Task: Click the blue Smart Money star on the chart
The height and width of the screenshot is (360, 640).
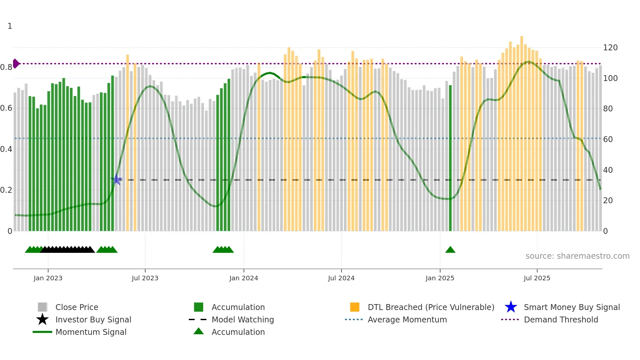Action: pyautogui.click(x=117, y=179)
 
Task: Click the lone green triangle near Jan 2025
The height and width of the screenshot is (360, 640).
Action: pyautogui.click(x=450, y=250)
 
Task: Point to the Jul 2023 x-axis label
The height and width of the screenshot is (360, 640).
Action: pyautogui.click(x=145, y=278)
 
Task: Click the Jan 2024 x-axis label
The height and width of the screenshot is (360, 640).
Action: pyautogui.click(x=244, y=278)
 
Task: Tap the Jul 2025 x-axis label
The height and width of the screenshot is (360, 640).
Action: pyautogui.click(x=537, y=278)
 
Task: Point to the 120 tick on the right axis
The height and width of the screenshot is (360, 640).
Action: pyautogui.click(x=610, y=48)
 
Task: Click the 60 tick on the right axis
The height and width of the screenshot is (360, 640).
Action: pyautogui.click(x=608, y=139)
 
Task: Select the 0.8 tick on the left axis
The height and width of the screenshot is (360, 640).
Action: pyautogui.click(x=6, y=67)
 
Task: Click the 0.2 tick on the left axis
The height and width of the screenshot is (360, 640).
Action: pyautogui.click(x=6, y=190)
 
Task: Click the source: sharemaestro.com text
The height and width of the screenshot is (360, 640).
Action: pyautogui.click(x=577, y=256)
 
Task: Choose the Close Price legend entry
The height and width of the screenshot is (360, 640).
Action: pyautogui.click(x=77, y=307)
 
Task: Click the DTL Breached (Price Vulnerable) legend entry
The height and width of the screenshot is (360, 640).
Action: pyautogui.click(x=431, y=307)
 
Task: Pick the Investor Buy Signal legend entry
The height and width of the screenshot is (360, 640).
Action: pyautogui.click(x=93, y=319)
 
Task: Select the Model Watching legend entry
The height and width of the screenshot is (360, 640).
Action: pyautogui.click(x=242, y=319)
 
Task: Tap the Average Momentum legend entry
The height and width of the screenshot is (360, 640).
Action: pyautogui.click(x=407, y=319)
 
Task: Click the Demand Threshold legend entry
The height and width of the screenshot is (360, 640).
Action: pyautogui.click(x=561, y=319)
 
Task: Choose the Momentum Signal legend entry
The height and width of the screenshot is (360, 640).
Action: pyautogui.click(x=91, y=332)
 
